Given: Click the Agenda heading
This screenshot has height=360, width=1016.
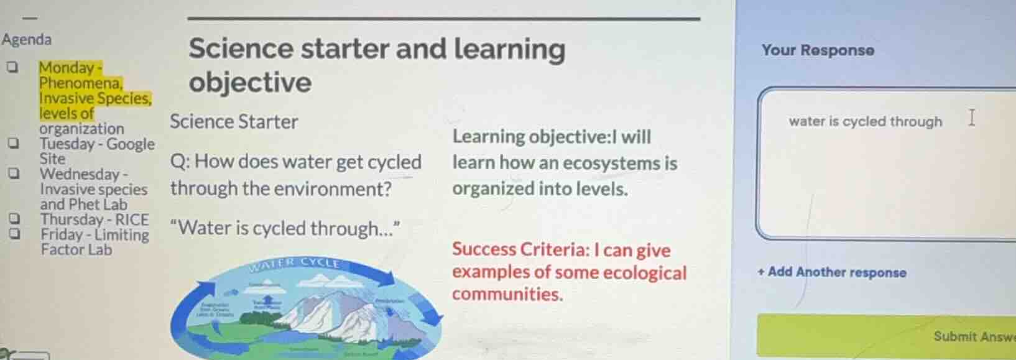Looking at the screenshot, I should point(27,40).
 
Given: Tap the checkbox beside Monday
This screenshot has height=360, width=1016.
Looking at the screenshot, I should point(12,67).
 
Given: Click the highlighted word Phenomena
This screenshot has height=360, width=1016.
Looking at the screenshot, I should point(80,83).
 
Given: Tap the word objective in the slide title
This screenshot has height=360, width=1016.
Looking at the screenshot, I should point(250,82).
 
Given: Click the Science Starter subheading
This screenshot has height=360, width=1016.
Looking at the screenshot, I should point(234,122).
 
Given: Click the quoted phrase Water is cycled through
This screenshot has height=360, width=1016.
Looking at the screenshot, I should point(285,228).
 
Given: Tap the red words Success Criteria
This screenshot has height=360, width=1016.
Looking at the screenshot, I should point(520,249).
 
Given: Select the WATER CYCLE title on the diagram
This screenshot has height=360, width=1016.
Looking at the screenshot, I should point(295,264).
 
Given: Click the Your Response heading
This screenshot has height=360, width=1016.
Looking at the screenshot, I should point(818,50).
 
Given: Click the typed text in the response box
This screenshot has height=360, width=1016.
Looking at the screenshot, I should point(865,121).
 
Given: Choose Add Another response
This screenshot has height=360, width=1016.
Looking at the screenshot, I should point(832,272).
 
